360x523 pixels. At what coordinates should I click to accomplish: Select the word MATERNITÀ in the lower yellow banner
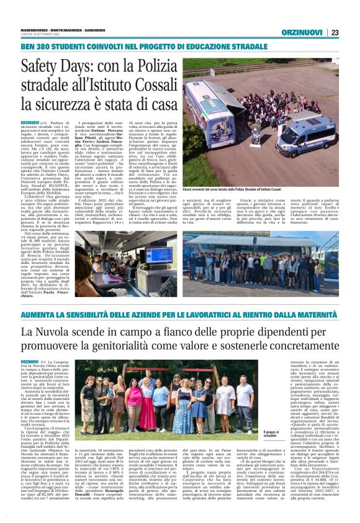coord(314,316)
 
